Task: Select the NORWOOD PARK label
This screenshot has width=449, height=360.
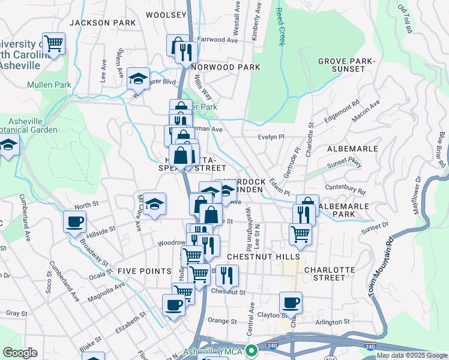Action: [226, 67]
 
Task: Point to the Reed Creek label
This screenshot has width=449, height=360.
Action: [279, 28]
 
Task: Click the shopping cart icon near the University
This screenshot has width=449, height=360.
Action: [53, 43]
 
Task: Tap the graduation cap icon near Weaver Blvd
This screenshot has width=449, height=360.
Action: [138, 79]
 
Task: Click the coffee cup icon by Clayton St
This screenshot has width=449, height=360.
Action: [291, 303]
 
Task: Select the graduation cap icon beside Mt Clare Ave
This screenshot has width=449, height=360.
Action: [155, 204]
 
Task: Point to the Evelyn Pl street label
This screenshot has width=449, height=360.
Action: [270, 137]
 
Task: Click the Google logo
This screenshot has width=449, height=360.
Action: [20, 353]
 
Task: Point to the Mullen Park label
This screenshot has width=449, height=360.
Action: [49, 85]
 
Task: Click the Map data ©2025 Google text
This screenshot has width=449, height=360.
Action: [412, 355]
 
